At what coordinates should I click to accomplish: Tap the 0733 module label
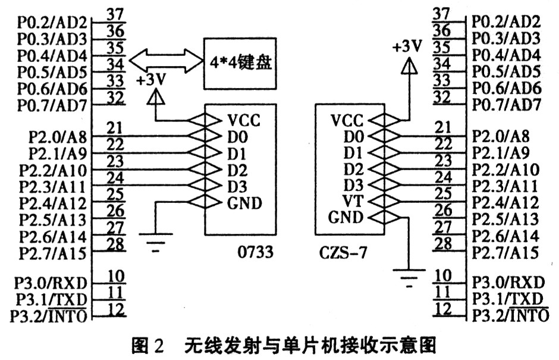tap(254, 252)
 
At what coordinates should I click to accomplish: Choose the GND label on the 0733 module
tap(244, 203)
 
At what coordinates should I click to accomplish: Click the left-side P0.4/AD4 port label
tap(53, 57)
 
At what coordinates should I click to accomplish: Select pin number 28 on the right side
tap(442, 242)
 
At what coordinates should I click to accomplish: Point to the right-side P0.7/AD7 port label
tap(506, 105)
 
